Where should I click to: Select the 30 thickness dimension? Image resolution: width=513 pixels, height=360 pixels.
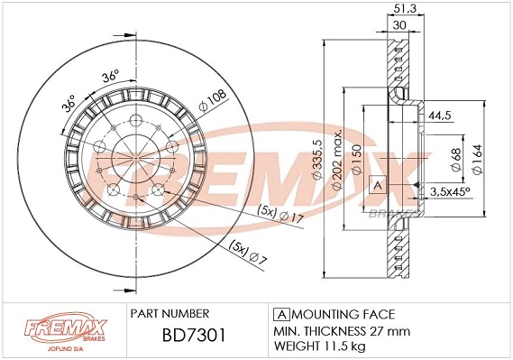(x=398, y=27)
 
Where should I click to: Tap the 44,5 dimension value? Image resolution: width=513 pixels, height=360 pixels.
(x=439, y=115)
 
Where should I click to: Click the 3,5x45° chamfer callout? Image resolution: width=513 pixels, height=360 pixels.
(x=450, y=191)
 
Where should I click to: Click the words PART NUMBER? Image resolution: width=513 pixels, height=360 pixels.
(x=170, y=313)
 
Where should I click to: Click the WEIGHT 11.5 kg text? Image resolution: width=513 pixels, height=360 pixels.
(x=321, y=346)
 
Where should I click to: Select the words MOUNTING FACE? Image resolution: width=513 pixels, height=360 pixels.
(x=343, y=313)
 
